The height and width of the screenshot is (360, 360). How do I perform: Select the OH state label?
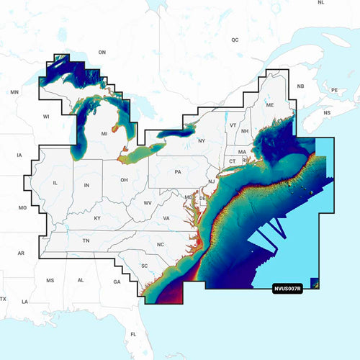coord(124,179)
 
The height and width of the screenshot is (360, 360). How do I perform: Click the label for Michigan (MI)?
coord(104,134)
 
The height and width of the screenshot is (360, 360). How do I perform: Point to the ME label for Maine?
coord(271,104)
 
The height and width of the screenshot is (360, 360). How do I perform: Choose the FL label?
coord(133,335)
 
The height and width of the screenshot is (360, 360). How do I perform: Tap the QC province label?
coord(235,40)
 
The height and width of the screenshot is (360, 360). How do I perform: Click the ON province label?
coord(102,52)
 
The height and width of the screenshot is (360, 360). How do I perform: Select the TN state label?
coord(86,240)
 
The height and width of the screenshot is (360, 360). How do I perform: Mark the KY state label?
coord(97,217)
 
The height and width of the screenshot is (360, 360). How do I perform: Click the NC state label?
coord(161,245)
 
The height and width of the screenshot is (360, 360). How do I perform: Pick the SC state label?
coord(144,266)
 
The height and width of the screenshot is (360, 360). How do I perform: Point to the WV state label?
coord(148,203)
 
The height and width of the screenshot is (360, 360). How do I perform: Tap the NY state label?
coord(201,140)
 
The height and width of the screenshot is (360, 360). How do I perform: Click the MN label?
coord(14,92)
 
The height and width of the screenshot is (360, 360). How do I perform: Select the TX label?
coord(3,299)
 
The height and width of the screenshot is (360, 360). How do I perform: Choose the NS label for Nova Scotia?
coord(327,113)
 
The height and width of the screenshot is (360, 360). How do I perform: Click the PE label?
coord(334,90)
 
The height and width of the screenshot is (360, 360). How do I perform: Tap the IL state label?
coord(55,183)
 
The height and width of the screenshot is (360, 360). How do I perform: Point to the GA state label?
coord(117,282)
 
